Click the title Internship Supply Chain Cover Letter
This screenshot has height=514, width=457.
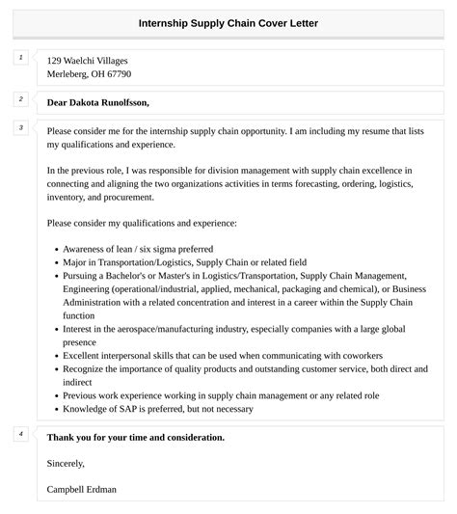[x=228, y=22]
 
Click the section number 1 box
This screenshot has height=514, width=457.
[x=21, y=58]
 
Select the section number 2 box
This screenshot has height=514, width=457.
[x=21, y=99]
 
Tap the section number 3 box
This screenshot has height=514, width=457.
[x=21, y=128]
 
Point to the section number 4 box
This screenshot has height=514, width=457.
[x=21, y=434]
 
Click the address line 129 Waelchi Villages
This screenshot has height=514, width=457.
[x=87, y=61]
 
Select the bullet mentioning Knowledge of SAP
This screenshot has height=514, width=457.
[x=144, y=409]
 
